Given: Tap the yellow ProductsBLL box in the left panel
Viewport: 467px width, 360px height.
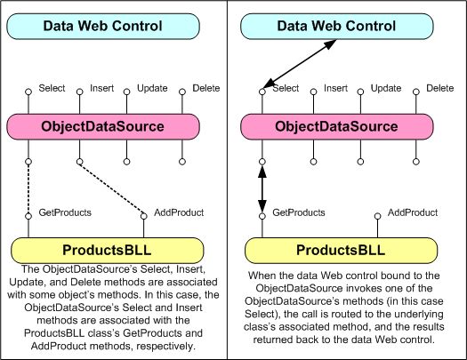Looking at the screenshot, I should [x=106, y=249].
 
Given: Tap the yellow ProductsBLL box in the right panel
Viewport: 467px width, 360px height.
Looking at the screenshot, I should [x=340, y=249].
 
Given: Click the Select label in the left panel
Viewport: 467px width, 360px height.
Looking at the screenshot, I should [x=52, y=88].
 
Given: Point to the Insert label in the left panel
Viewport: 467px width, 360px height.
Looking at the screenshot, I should [x=101, y=88].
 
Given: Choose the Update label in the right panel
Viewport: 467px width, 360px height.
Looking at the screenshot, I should [x=386, y=88].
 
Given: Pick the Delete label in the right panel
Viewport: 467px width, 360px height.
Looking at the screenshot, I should [x=439, y=88].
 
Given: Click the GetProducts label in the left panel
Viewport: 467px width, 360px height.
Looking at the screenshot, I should [x=64, y=213].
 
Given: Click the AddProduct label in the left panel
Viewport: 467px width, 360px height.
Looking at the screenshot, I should [x=178, y=213].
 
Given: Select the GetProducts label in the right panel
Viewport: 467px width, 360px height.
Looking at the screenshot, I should [x=299, y=213].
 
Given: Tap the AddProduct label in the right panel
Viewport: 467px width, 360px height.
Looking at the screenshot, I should [x=412, y=213].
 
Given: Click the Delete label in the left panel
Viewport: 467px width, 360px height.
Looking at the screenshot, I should [x=205, y=88].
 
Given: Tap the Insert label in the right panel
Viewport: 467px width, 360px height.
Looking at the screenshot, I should [x=335, y=88].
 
